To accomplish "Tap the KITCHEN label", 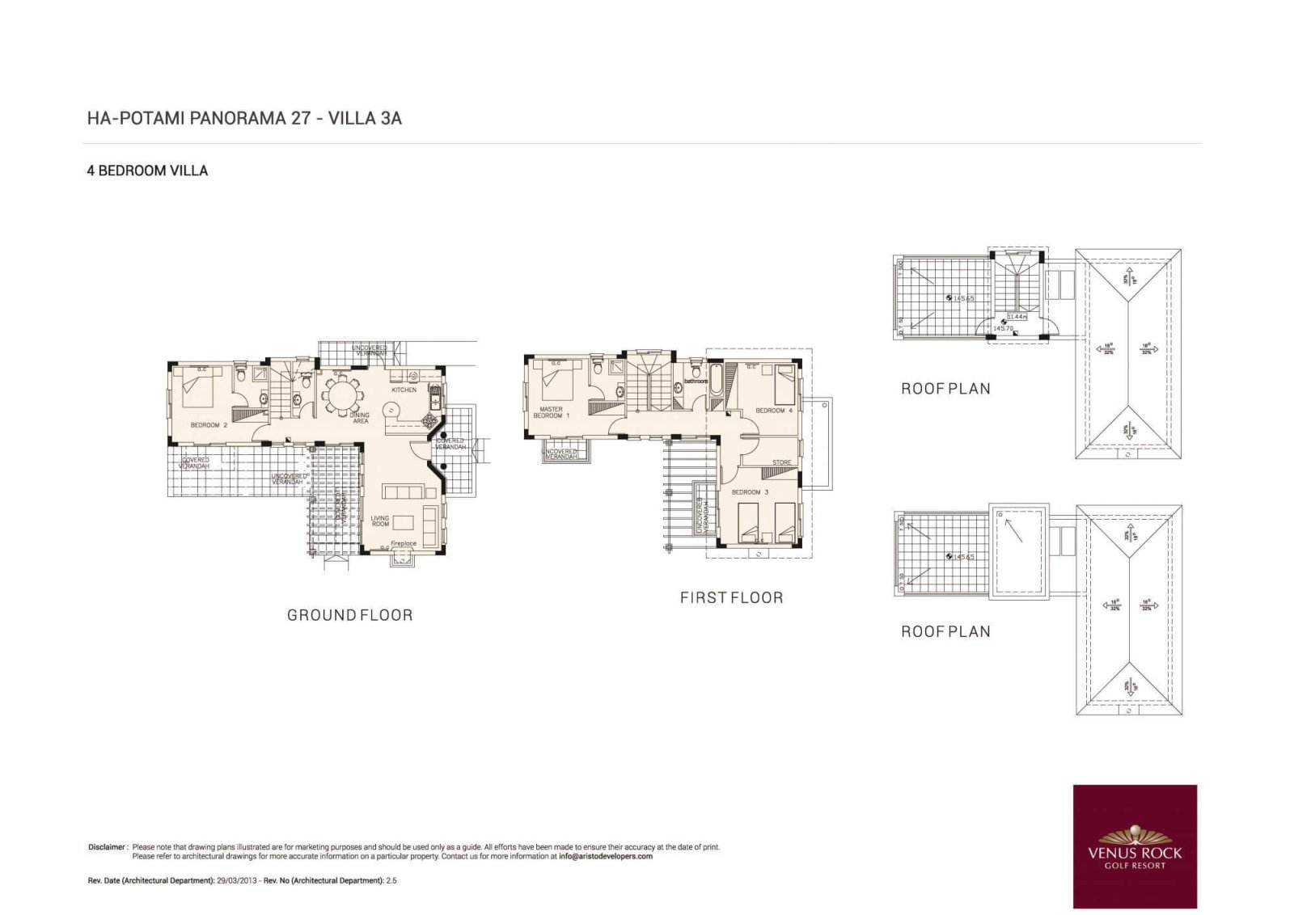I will [x=404, y=390].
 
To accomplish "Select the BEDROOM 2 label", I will [x=209, y=425].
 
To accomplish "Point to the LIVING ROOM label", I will [x=380, y=521].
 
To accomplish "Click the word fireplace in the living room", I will [x=403, y=544].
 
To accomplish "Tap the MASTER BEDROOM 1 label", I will [x=551, y=413].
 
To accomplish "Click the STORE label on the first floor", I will [x=781, y=463].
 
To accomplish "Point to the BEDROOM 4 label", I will [x=773, y=411].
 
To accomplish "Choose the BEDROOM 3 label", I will [x=750, y=492].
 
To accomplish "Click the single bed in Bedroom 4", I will [x=784, y=386].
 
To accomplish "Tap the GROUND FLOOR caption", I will [x=349, y=615].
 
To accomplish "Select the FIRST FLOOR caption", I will [x=731, y=598].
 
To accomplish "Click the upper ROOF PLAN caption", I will [x=945, y=389].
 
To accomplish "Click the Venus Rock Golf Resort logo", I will [x=1135, y=846].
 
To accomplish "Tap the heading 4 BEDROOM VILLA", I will [x=147, y=171].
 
